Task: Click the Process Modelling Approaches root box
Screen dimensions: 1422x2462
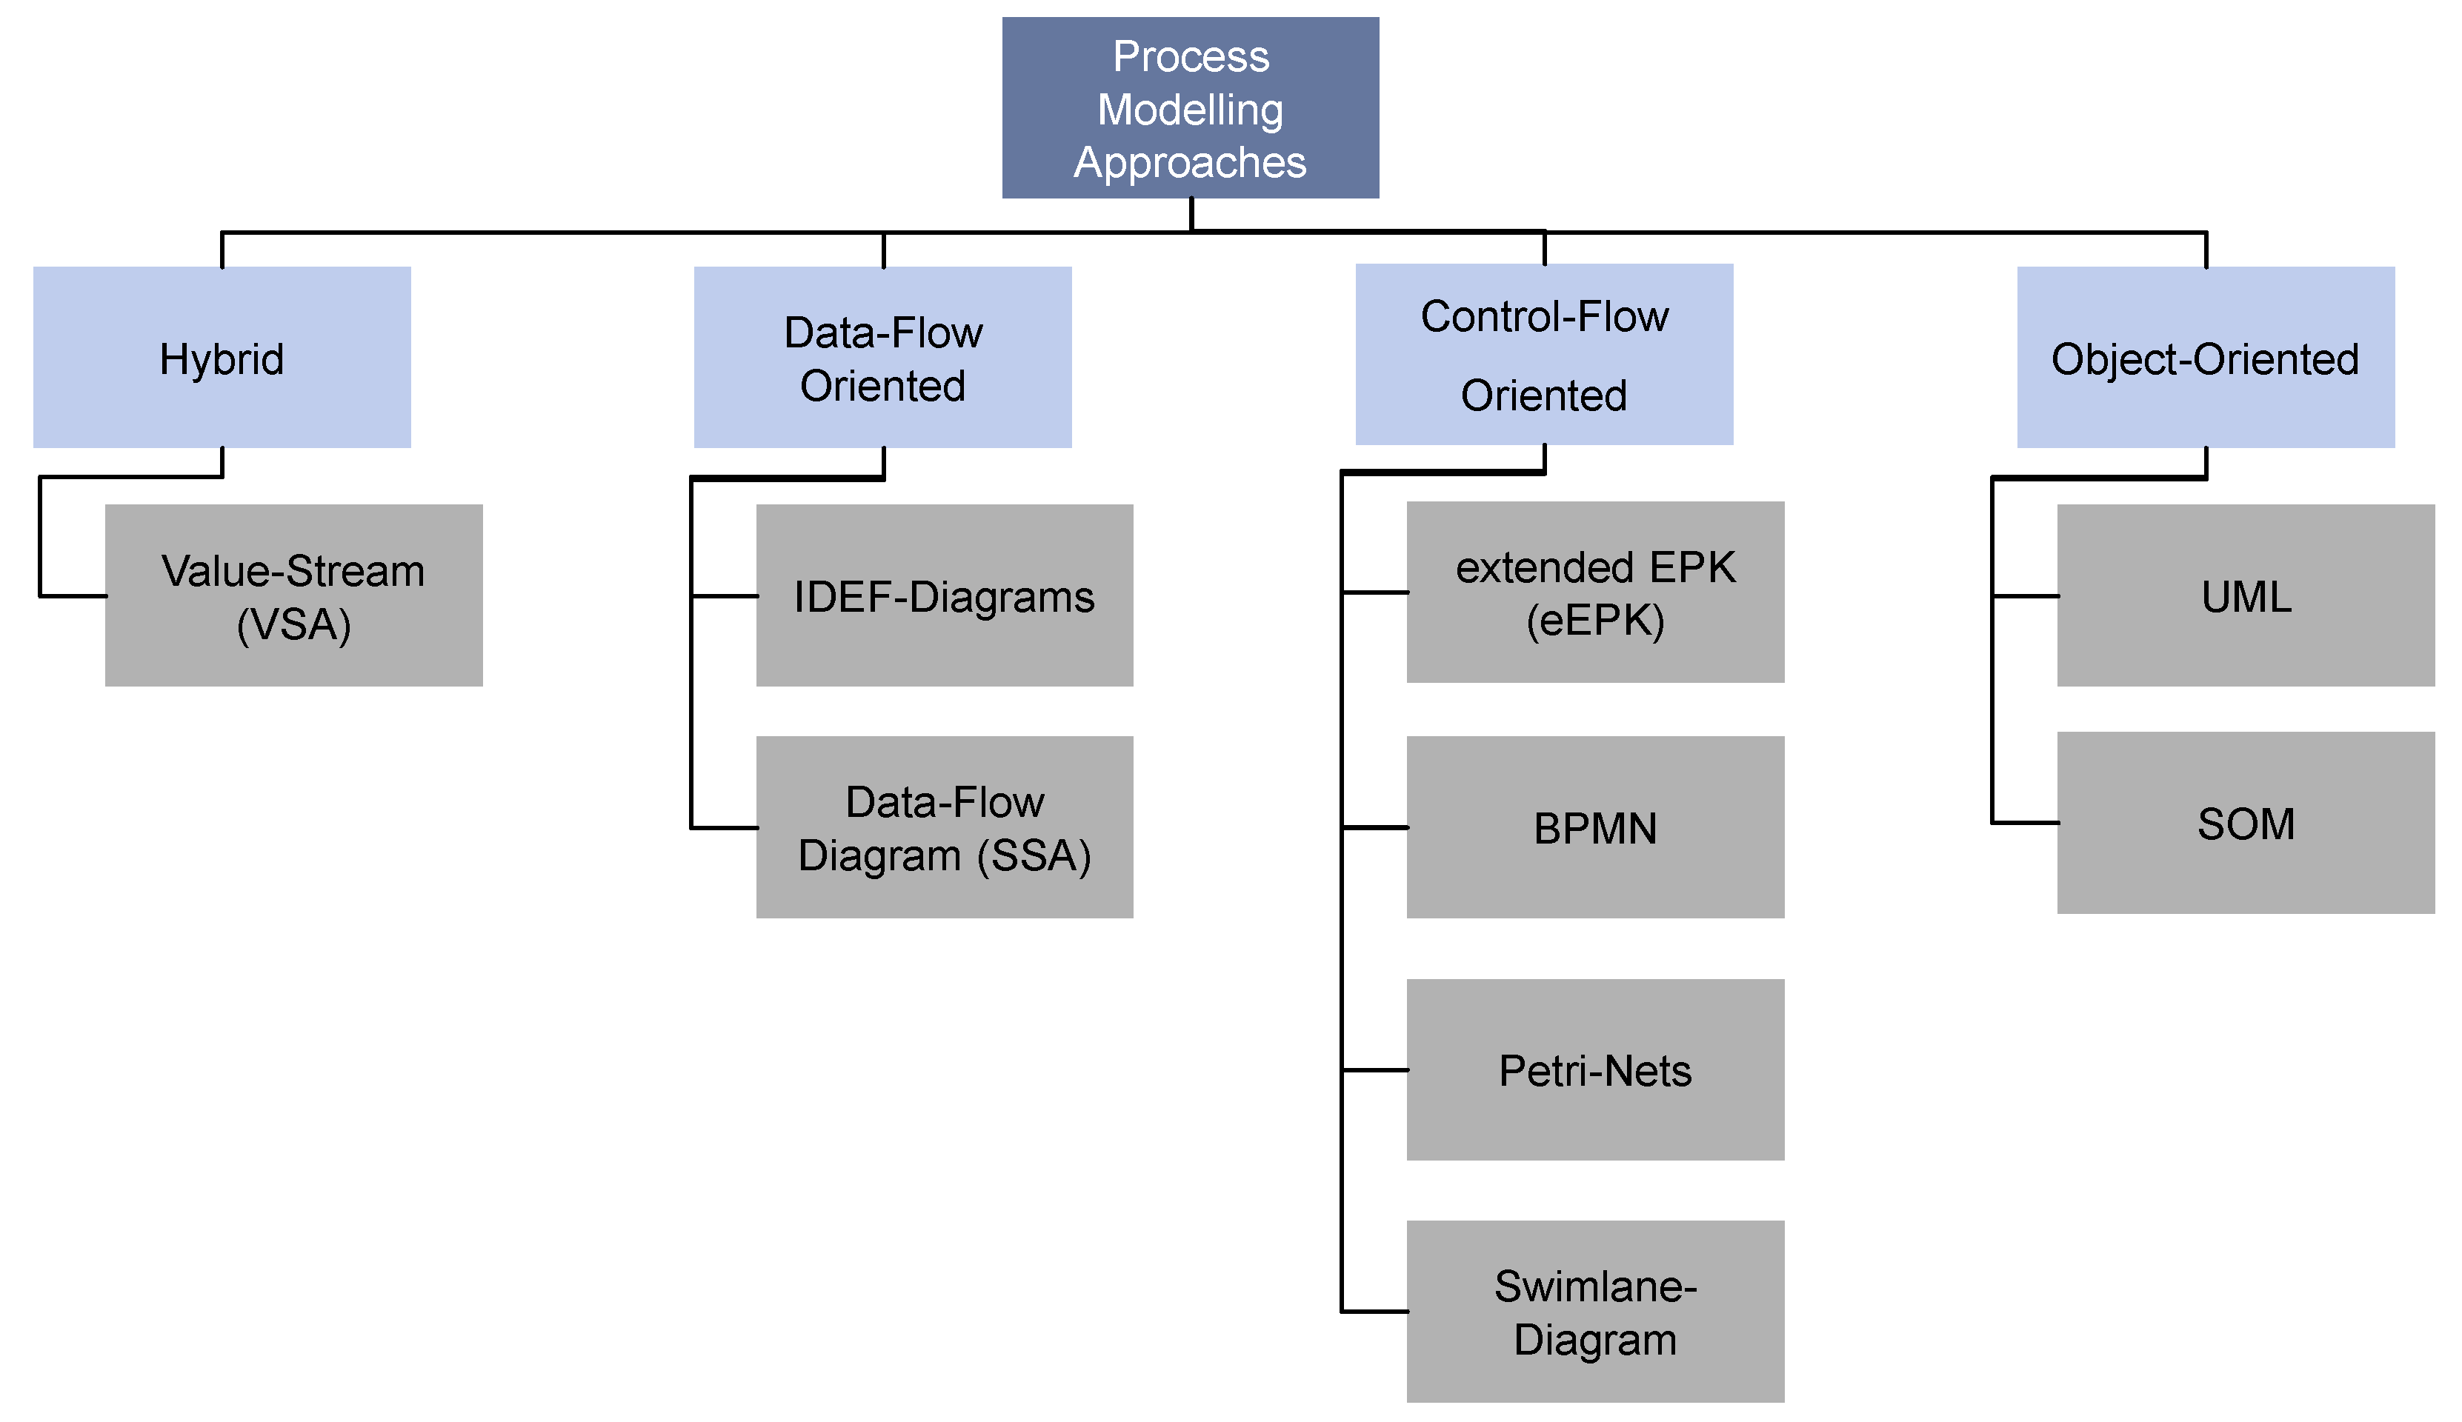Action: coord(1190,107)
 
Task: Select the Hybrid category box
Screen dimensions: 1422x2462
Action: coord(222,358)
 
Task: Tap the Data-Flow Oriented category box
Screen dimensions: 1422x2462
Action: coord(882,358)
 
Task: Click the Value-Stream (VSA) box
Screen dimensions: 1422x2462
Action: coord(293,595)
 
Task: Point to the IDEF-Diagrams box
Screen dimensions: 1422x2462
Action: coord(944,595)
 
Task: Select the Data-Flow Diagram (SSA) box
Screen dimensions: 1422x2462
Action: coord(944,827)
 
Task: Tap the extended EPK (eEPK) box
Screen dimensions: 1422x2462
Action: coord(1594,592)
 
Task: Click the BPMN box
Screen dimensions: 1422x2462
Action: coord(1594,827)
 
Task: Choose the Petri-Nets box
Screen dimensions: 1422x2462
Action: coord(1594,1069)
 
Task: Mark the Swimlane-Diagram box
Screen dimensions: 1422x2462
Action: coord(1594,1311)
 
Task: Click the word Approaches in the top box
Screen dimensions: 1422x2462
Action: coord(1190,162)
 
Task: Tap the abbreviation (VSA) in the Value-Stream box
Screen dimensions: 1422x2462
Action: coord(293,625)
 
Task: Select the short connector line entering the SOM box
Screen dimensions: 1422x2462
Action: coord(2026,822)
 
